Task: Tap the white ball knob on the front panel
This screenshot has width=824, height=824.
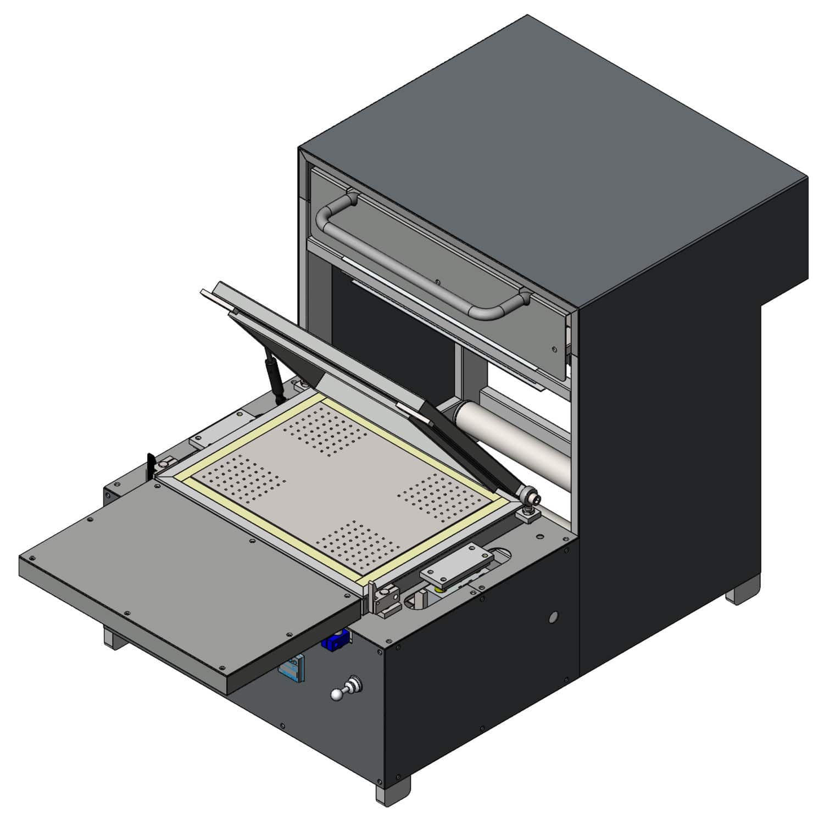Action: (x=337, y=694)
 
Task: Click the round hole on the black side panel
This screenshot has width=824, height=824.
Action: (x=553, y=617)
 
